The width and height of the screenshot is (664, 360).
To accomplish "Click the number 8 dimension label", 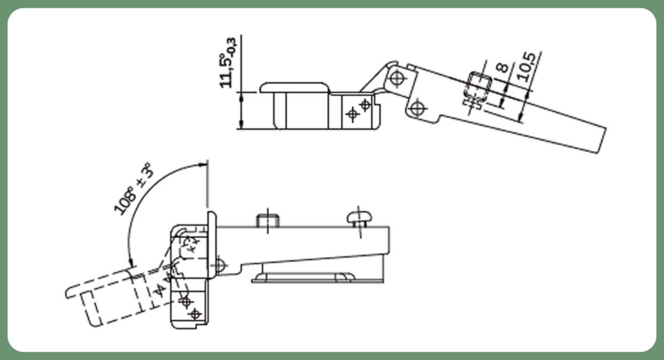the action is click(x=502, y=68).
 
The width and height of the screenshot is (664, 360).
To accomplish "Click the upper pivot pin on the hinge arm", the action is click(x=397, y=78).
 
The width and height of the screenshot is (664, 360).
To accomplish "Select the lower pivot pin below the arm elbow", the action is click(x=417, y=108).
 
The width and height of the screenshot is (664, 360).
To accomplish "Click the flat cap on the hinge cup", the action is click(x=295, y=88).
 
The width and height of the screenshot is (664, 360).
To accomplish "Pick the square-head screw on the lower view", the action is click(x=268, y=221).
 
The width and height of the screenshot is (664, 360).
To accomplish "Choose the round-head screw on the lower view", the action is click(x=359, y=218).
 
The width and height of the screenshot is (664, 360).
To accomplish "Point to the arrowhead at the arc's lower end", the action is click(x=131, y=263).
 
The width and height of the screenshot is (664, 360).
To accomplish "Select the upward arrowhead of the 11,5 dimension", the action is click(x=241, y=97).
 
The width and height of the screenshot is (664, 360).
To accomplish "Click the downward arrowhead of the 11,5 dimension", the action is click(x=241, y=124).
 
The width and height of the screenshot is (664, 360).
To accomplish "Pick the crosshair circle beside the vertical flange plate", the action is click(x=219, y=265).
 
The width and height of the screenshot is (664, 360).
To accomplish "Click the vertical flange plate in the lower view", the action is click(x=212, y=245).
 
